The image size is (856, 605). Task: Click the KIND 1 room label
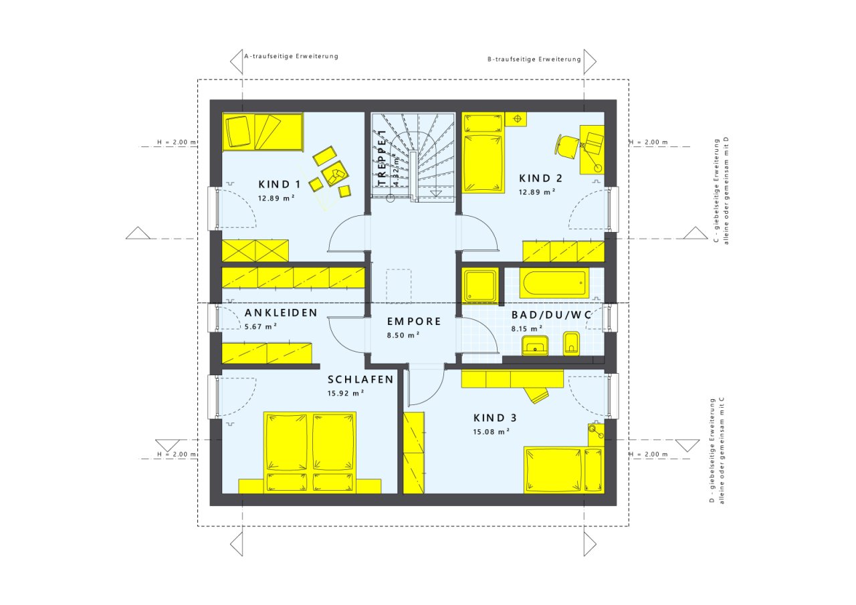click(x=280, y=185)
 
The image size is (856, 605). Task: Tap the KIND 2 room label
click(x=540, y=178)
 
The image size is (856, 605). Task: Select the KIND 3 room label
click(x=495, y=418)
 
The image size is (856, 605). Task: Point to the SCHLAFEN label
click(x=360, y=379)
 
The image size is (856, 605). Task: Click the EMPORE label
click(x=414, y=322)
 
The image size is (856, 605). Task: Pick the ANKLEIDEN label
click(x=281, y=313)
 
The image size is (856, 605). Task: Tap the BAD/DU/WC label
click(x=552, y=315)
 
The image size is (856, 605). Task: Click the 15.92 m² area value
click(x=346, y=393)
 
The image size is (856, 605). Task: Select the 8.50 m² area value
click(x=403, y=336)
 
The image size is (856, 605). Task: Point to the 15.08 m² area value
click(x=492, y=432)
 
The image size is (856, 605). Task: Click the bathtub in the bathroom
click(x=554, y=283)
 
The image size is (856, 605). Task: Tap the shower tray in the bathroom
click(x=480, y=285)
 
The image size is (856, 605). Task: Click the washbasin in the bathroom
click(x=535, y=345)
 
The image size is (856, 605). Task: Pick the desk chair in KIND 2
click(x=568, y=146)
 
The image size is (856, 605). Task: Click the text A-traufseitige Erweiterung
click(x=291, y=56)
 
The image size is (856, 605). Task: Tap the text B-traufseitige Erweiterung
click(x=534, y=59)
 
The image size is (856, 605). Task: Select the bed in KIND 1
click(x=263, y=132)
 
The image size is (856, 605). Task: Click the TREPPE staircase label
click(x=382, y=158)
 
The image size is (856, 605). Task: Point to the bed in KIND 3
click(x=564, y=469)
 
